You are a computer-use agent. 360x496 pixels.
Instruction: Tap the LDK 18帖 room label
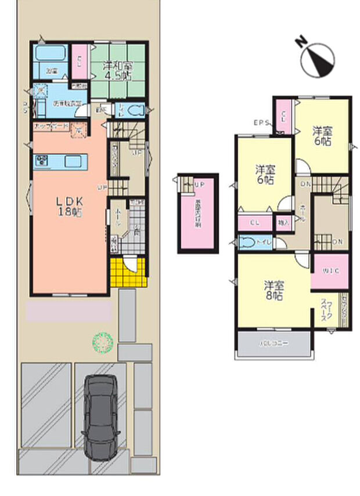click(71, 207)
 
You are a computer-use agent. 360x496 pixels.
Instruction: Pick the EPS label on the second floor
click(261, 122)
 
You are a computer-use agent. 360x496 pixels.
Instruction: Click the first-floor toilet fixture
click(137, 110)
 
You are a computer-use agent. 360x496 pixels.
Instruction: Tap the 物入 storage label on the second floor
click(283, 222)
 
